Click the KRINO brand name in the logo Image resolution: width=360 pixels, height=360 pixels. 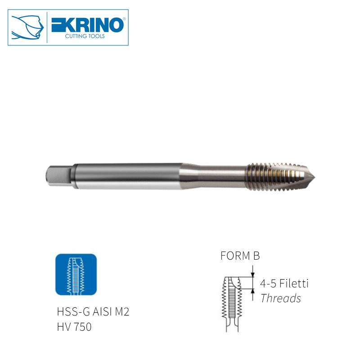pos(87,25)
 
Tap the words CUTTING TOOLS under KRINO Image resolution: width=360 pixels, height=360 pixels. pos(85,36)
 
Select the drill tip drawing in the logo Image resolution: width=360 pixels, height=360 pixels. pos(28,27)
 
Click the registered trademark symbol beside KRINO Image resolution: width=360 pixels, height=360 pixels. pos(125,19)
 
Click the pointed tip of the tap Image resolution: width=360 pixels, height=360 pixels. pos(315,177)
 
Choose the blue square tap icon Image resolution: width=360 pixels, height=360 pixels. pos(76,274)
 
